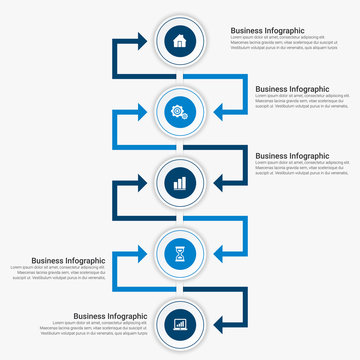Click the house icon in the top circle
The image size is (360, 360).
(x=180, y=41)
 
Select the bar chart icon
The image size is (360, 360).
(x=180, y=183)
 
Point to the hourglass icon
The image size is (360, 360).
(x=180, y=254)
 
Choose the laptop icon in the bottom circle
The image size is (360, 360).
(x=180, y=324)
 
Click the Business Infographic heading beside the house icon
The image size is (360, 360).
(x=268, y=31)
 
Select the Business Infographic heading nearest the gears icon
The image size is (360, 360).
(x=292, y=88)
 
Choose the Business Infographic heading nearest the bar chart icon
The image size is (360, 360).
(x=292, y=156)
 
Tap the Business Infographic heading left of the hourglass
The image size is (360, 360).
(x=68, y=260)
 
